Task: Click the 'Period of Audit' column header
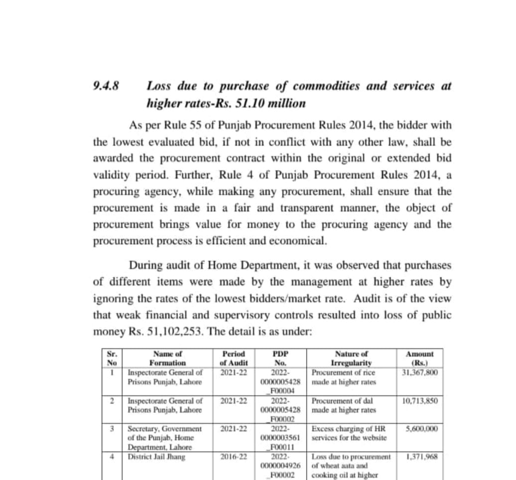point(233,358)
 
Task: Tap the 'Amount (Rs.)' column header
point(420,358)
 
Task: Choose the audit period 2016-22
point(233,456)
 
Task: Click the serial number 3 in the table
point(114,428)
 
